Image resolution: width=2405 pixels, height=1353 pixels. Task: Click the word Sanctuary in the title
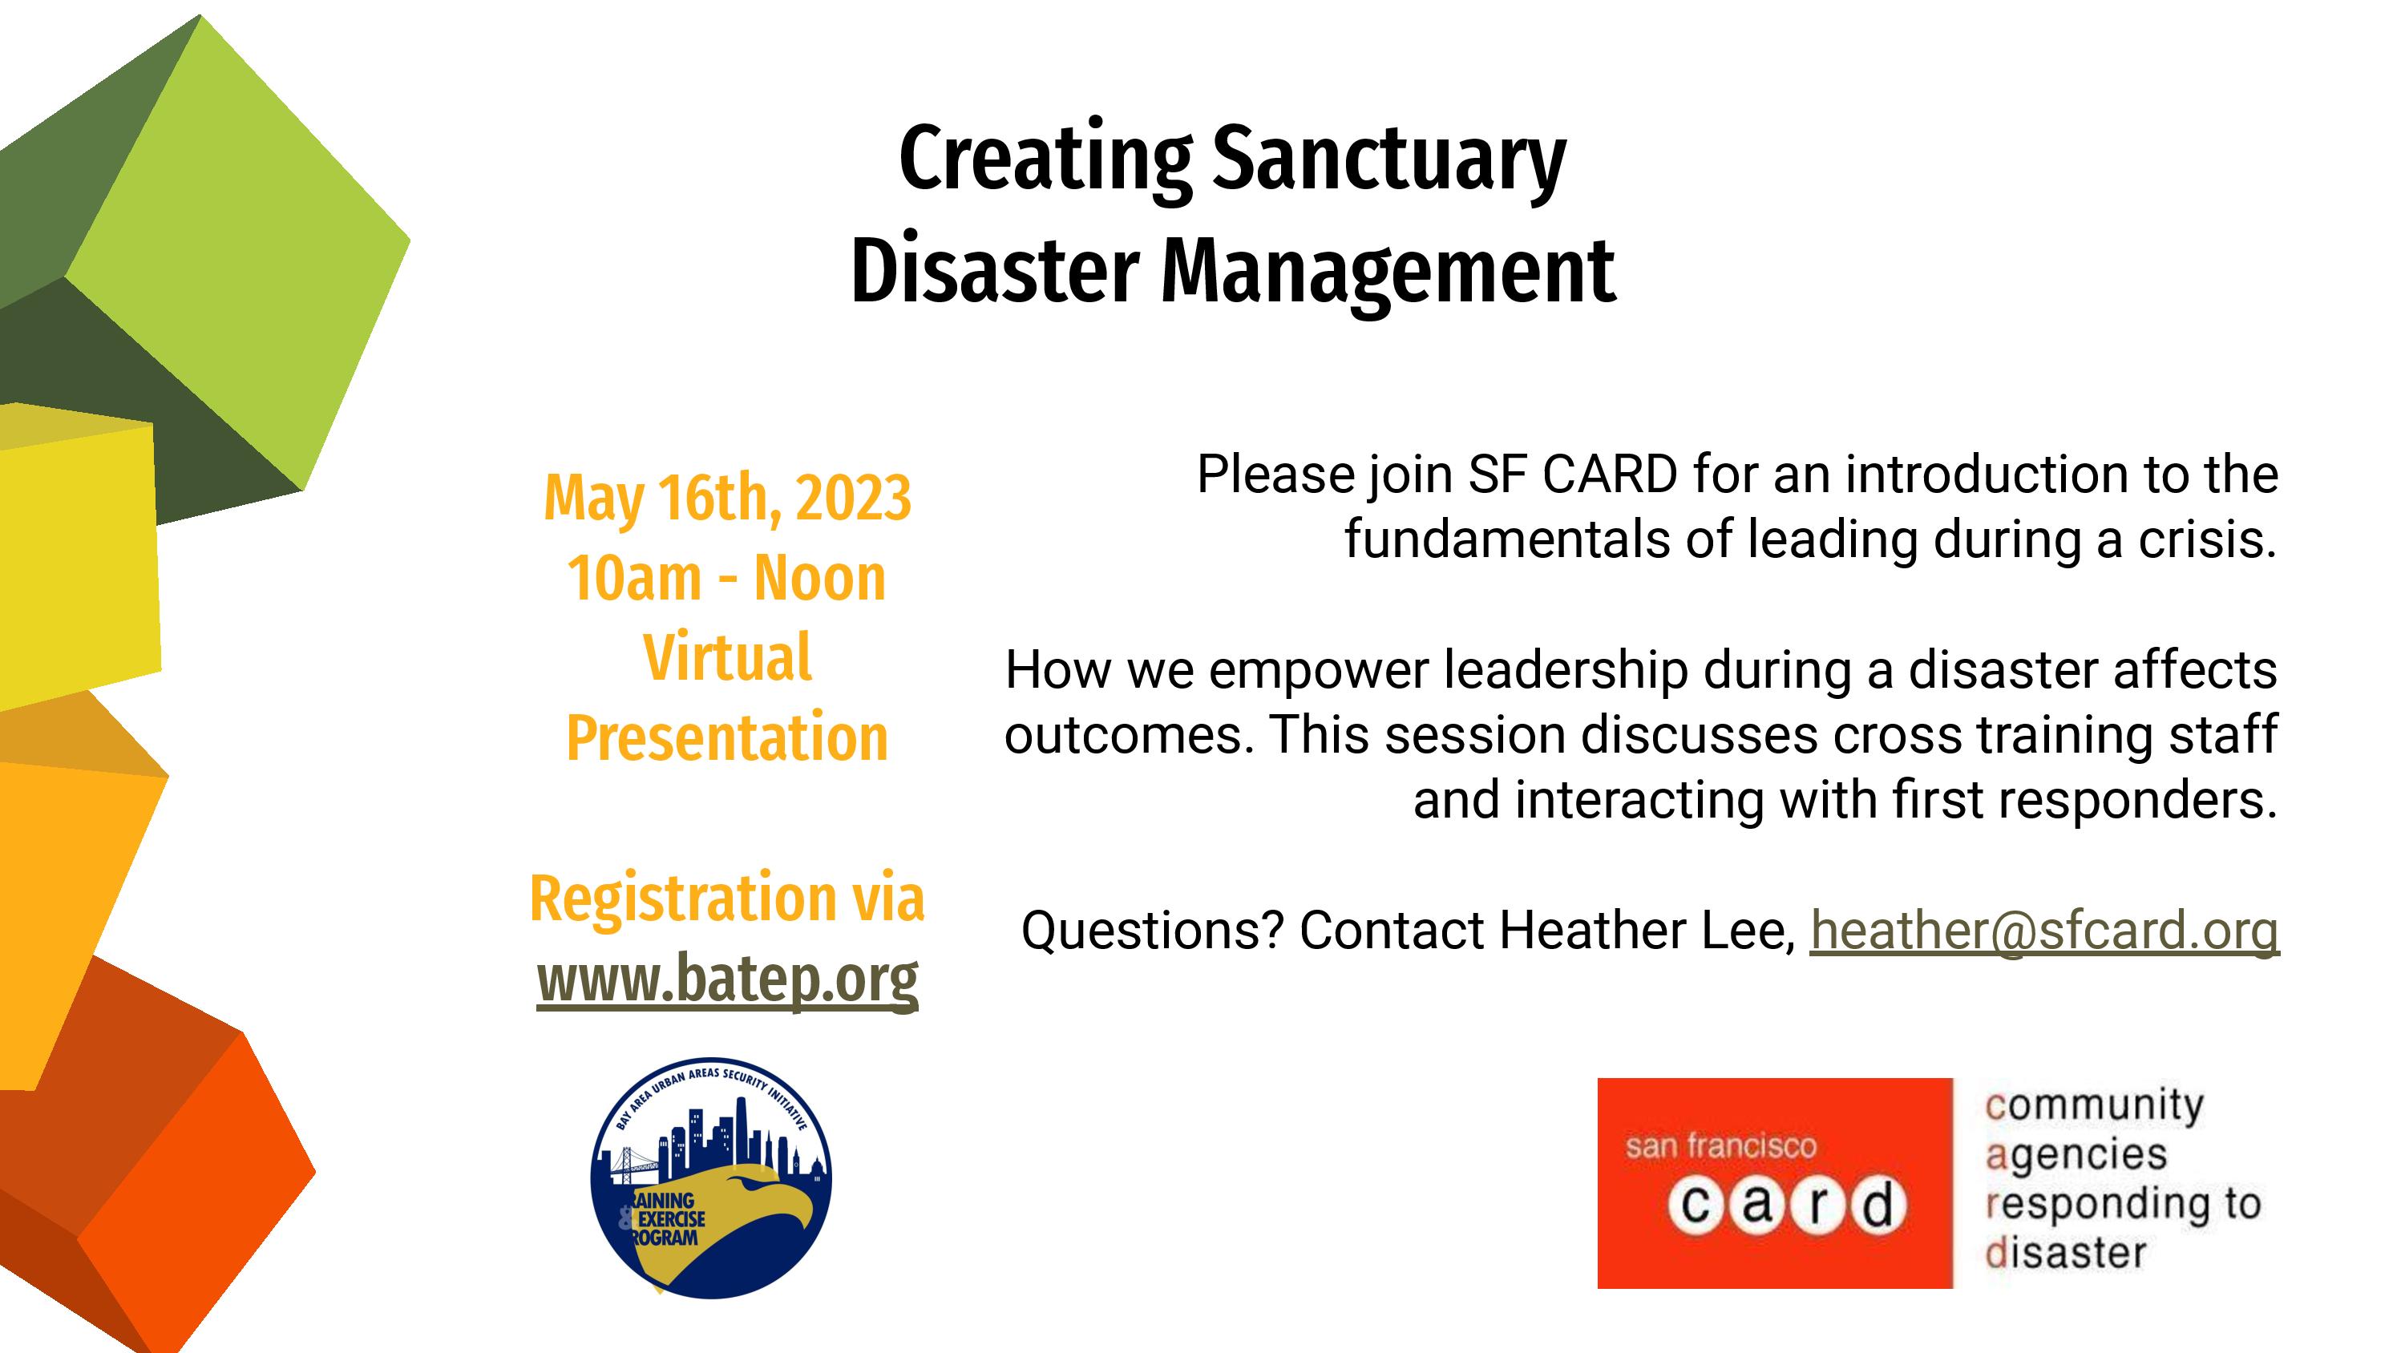click(x=1388, y=160)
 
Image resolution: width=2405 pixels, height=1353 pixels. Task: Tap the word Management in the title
click(x=1388, y=273)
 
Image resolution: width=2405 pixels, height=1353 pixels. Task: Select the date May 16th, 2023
click(x=727, y=499)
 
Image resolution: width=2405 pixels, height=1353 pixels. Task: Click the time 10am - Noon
click(x=726, y=579)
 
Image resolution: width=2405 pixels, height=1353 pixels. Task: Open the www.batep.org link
click(x=727, y=979)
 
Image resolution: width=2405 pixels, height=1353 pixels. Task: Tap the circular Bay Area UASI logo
click(x=711, y=1177)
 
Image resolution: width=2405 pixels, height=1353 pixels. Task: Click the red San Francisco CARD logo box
click(x=1775, y=1183)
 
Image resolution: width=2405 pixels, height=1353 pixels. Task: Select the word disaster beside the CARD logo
click(x=2066, y=1253)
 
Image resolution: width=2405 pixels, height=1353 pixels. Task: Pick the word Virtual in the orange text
click(x=727, y=658)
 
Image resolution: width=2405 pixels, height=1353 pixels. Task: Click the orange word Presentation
click(x=727, y=738)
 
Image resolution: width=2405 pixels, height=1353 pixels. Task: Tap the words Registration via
click(x=727, y=899)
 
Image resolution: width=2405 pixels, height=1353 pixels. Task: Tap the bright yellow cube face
click(x=79, y=560)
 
